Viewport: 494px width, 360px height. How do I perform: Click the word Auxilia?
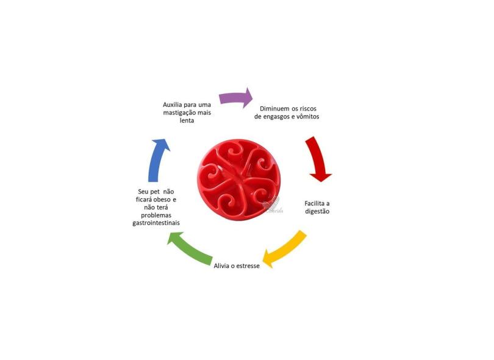coord(174,104)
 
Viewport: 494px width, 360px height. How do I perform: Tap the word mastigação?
coord(177,112)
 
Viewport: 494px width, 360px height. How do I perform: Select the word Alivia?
coord(224,265)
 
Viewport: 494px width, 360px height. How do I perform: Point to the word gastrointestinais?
coord(156,223)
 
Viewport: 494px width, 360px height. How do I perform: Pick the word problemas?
coord(156,215)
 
